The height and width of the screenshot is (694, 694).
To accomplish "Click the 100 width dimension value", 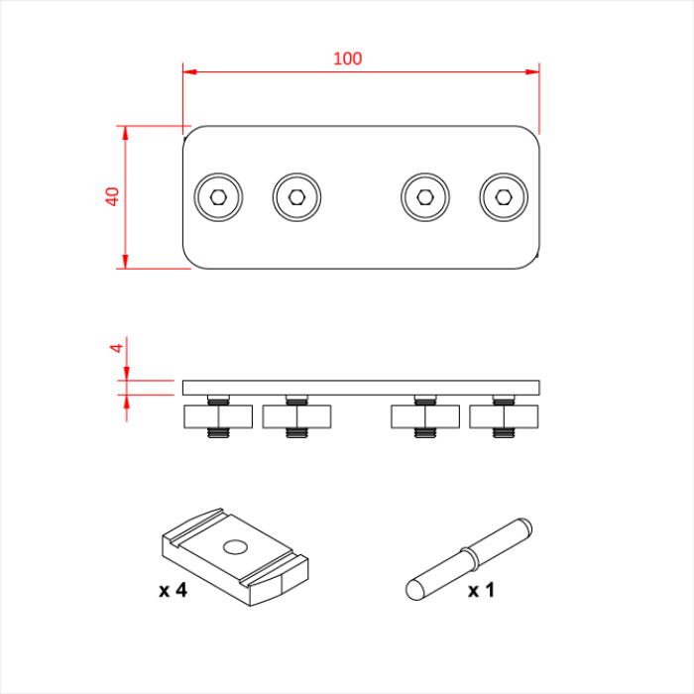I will coord(347,58).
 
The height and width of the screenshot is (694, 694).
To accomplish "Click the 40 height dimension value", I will coord(113,196).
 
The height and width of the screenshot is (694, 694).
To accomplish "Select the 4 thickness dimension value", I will coord(116,348).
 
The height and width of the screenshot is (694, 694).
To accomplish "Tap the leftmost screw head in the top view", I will coord(218,197).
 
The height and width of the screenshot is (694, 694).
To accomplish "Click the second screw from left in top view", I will coord(296,197).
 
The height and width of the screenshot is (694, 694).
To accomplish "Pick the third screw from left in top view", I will coord(424,197).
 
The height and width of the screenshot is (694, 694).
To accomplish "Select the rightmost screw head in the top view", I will coord(503,197).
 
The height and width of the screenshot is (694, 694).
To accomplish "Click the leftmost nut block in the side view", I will coord(218,416).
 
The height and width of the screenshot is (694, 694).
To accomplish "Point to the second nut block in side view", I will coord(296,416).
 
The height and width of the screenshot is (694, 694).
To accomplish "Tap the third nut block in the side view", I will coord(424,416).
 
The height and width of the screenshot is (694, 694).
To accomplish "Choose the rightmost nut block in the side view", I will coord(503,416).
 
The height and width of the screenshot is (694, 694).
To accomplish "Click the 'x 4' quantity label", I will coord(173,590).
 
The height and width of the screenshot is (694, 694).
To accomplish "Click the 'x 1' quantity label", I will coord(481,590).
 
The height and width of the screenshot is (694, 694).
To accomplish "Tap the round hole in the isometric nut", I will coord(236,546).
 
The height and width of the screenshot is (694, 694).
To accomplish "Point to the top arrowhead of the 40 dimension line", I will coord(125,133).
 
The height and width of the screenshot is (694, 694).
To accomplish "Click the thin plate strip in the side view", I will coord(361,387).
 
